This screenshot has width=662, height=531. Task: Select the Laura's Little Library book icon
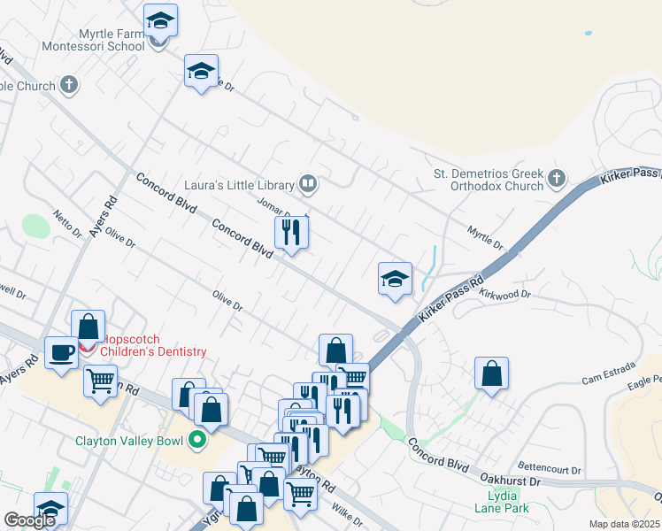tap(308, 184)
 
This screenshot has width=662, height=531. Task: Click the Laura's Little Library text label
tap(238, 185)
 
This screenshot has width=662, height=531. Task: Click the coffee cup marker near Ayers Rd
tap(61, 353)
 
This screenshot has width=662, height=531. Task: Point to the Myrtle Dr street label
tap(485, 236)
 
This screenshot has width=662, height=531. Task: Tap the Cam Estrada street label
tap(604, 379)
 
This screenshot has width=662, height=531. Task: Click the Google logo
tap(29, 521)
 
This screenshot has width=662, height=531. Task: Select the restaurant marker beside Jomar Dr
tap(291, 235)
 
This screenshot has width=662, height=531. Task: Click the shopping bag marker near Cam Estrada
tap(491, 373)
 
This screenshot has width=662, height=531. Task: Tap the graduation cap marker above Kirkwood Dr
tap(394, 280)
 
